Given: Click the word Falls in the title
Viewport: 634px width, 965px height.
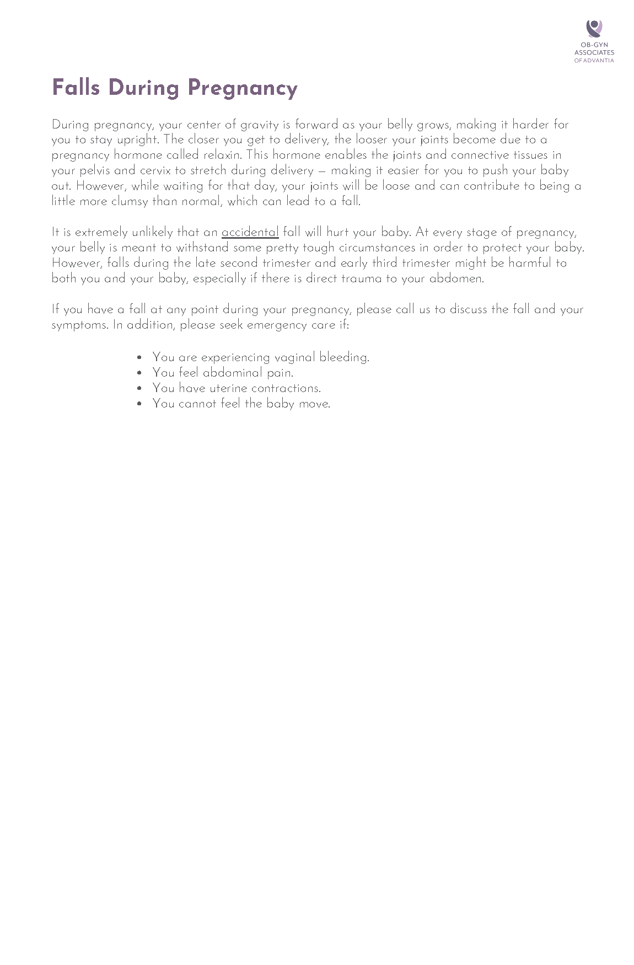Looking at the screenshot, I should tap(77, 88).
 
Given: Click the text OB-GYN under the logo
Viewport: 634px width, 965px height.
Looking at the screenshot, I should tap(594, 45).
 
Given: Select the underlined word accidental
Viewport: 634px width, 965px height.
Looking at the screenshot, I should tap(250, 232).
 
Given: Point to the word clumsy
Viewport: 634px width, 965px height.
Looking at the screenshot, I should tap(130, 201).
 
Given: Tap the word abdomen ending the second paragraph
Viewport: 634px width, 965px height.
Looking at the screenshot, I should tap(456, 278).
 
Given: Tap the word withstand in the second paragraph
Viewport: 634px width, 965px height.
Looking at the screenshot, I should tap(202, 248).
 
